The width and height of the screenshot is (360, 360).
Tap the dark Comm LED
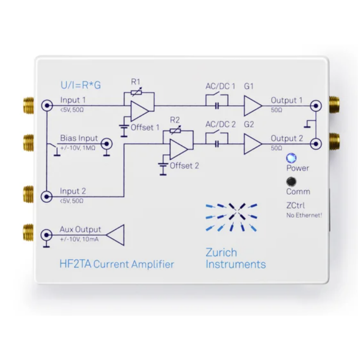(291, 181)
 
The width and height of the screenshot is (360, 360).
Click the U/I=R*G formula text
(81, 85)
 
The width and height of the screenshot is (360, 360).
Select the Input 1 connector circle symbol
(46, 105)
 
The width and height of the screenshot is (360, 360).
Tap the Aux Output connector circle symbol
(46, 234)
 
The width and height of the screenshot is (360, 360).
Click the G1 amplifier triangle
(252, 105)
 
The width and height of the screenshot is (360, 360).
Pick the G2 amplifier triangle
(252, 144)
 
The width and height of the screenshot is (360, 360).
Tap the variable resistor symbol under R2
(175, 131)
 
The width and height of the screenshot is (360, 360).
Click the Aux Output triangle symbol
(117, 234)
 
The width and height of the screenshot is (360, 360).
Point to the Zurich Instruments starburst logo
(231, 217)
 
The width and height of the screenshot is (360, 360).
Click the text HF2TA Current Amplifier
(117, 264)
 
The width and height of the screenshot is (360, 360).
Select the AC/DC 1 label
(220, 86)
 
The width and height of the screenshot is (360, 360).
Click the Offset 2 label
(184, 166)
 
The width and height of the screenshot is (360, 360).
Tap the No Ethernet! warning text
(304, 216)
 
